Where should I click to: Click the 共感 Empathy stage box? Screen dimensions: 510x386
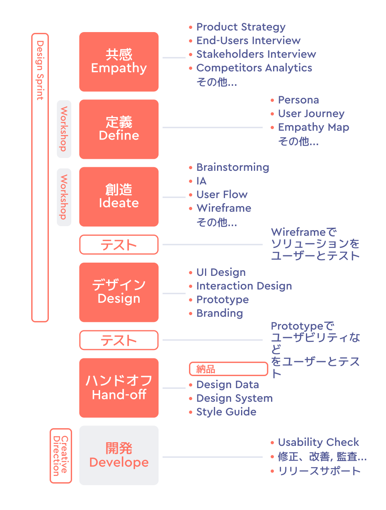tap(119, 62)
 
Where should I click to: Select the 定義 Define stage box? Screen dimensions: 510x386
tap(119, 129)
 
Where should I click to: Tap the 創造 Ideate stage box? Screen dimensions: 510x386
tap(119, 196)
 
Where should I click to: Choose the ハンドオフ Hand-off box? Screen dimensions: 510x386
tap(119, 388)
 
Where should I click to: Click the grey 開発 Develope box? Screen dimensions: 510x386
tap(119, 455)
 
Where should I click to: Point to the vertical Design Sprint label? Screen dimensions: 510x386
tap(40, 70)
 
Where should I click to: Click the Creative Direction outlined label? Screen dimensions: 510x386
tap(61, 456)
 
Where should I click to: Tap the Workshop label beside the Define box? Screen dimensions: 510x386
tap(64, 129)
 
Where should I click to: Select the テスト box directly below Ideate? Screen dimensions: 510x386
tap(119, 245)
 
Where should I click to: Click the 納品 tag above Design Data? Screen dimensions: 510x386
tap(228, 369)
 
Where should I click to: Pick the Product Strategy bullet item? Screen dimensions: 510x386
tap(241, 27)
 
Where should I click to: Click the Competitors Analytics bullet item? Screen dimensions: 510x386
tap(254, 68)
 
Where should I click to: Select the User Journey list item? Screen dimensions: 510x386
tap(311, 114)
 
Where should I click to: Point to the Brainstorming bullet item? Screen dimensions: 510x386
tap(233, 168)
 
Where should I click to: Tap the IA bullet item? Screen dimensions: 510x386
tap(201, 181)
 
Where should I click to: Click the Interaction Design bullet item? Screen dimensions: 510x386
tap(244, 286)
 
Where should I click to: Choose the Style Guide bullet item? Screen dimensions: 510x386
tap(226, 412)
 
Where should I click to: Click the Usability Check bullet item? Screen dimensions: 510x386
tap(318, 443)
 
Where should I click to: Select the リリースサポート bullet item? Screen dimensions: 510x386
tap(319, 471)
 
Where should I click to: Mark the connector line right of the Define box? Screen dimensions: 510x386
tap(212, 127)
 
